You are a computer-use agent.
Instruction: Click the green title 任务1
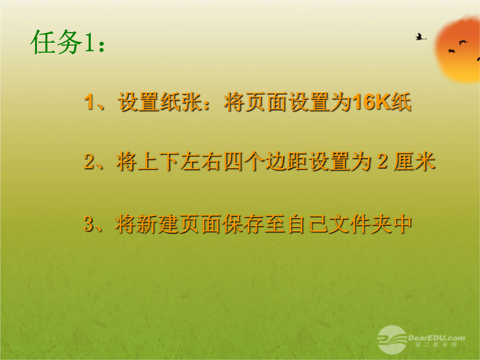point(68,42)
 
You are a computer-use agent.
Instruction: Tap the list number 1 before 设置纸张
point(89,102)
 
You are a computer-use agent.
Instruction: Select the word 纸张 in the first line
point(181,102)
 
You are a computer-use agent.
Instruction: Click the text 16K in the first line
point(371,102)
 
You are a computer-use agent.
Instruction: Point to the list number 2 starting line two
point(89,161)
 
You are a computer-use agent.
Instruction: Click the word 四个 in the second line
point(243,161)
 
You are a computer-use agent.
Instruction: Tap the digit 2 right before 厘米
point(382,161)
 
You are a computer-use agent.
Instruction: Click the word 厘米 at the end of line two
point(415,161)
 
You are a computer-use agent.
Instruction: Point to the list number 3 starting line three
point(89,224)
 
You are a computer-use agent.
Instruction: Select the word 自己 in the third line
point(308,224)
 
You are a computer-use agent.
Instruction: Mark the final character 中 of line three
point(402,224)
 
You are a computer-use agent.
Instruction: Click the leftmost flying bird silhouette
point(420,37)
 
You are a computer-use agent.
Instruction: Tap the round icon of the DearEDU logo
point(392,340)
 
